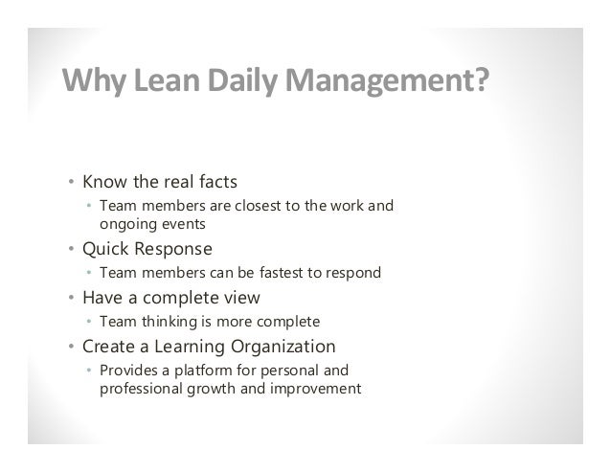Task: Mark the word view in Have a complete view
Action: click(x=239, y=297)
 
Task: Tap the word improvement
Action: click(x=312, y=388)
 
